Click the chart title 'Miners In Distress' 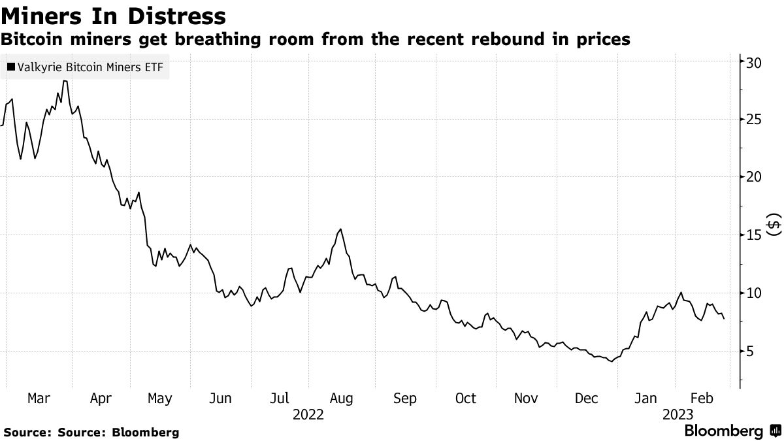point(114,15)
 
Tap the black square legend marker point(10,67)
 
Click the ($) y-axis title point(774,225)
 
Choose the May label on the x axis point(160,399)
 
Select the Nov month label point(527,399)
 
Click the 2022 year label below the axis point(308,414)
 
